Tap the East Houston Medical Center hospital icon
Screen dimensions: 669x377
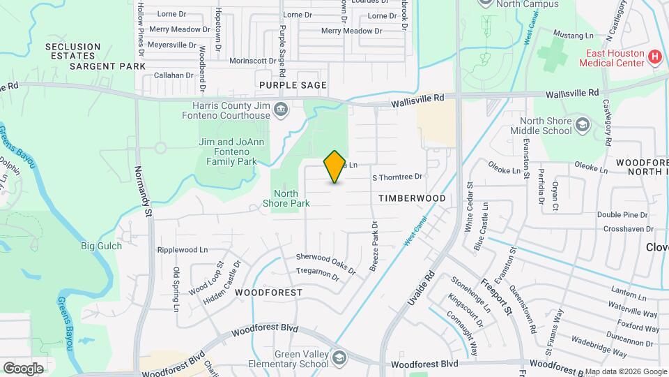tap(654, 57)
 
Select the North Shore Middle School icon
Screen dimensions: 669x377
tap(582, 125)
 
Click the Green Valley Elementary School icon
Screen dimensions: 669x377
tap(339, 358)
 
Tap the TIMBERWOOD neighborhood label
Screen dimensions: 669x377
tap(412, 198)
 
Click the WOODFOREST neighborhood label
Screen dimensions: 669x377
tap(268, 292)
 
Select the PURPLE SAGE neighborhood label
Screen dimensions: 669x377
tap(293, 85)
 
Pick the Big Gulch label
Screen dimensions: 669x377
tap(101, 246)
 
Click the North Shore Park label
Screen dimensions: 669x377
tap(286, 198)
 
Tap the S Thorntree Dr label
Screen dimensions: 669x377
tap(397, 177)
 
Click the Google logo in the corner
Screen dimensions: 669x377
tap(22, 368)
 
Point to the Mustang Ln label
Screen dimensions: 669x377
tap(573, 34)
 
